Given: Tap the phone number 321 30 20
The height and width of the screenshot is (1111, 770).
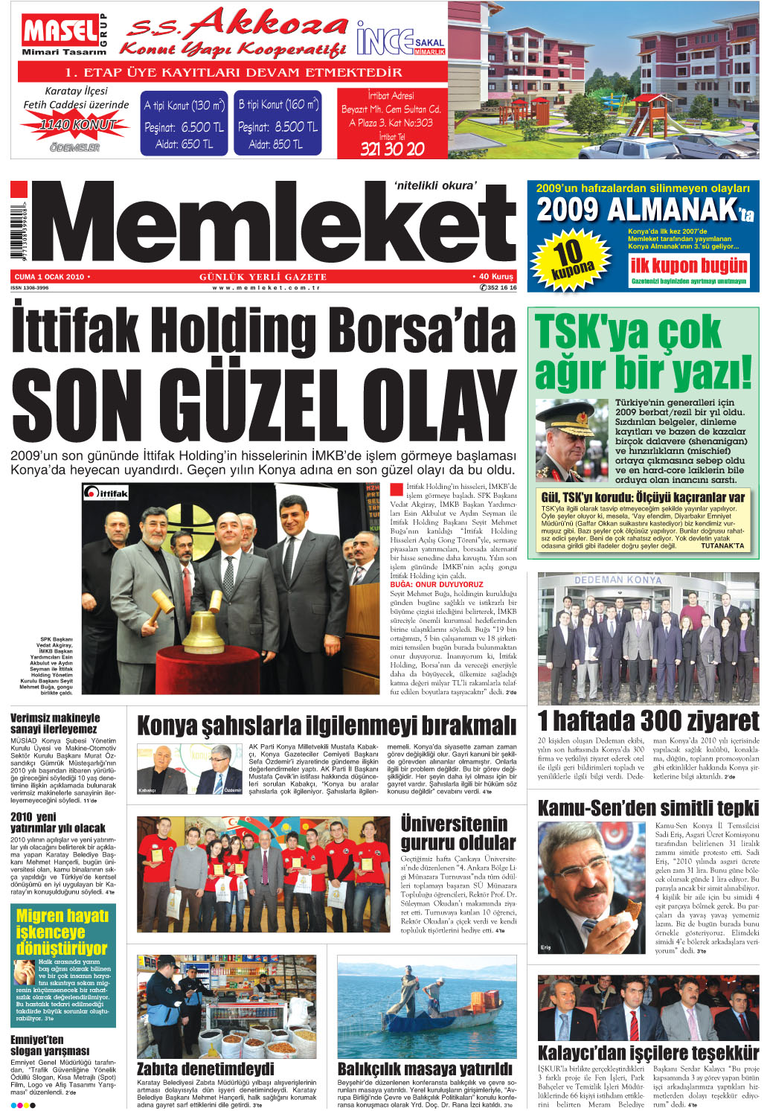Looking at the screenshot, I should coord(392,148).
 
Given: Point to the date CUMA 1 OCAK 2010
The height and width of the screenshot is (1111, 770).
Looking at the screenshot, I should coord(50,277).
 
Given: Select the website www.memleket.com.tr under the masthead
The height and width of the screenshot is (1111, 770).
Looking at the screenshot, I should coord(266,288).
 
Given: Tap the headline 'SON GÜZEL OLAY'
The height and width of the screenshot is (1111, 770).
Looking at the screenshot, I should coord(263,405).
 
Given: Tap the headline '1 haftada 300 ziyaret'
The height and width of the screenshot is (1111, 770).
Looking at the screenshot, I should coord(647,720).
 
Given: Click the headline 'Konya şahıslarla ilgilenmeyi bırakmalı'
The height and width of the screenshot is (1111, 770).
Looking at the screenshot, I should coord(326,726).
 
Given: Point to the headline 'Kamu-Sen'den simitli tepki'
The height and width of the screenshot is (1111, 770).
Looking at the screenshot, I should coord(647,808).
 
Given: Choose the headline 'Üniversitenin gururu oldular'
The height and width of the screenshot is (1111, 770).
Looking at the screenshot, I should coord(458,833).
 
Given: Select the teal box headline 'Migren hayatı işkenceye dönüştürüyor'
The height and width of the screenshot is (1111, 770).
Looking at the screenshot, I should coord(62,932).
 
